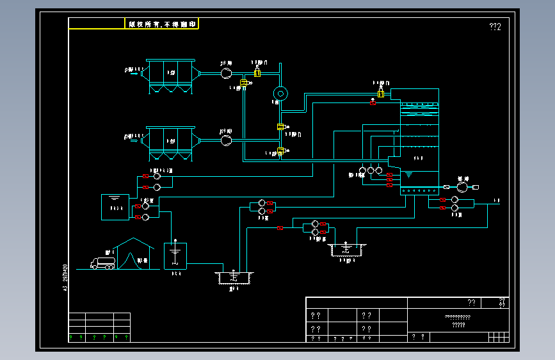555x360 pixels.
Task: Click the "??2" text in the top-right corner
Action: click(495, 27)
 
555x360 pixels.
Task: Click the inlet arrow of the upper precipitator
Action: click(135, 73)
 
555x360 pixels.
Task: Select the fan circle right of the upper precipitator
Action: click(226, 74)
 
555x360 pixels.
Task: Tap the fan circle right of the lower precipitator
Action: click(226, 139)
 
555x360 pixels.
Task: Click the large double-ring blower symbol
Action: click(280, 94)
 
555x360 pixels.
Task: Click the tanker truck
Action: click(102, 263)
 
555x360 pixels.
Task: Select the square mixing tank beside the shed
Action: click(175, 256)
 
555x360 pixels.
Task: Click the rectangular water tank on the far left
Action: click(115, 206)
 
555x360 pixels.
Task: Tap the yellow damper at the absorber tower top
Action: click(380, 94)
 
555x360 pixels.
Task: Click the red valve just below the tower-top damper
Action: click(373, 102)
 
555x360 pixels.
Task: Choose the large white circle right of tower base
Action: click(462, 187)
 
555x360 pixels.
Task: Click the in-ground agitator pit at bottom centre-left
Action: click(234, 278)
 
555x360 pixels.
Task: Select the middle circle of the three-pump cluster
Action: click(371, 170)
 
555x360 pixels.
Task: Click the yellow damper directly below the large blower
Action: click(280, 127)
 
